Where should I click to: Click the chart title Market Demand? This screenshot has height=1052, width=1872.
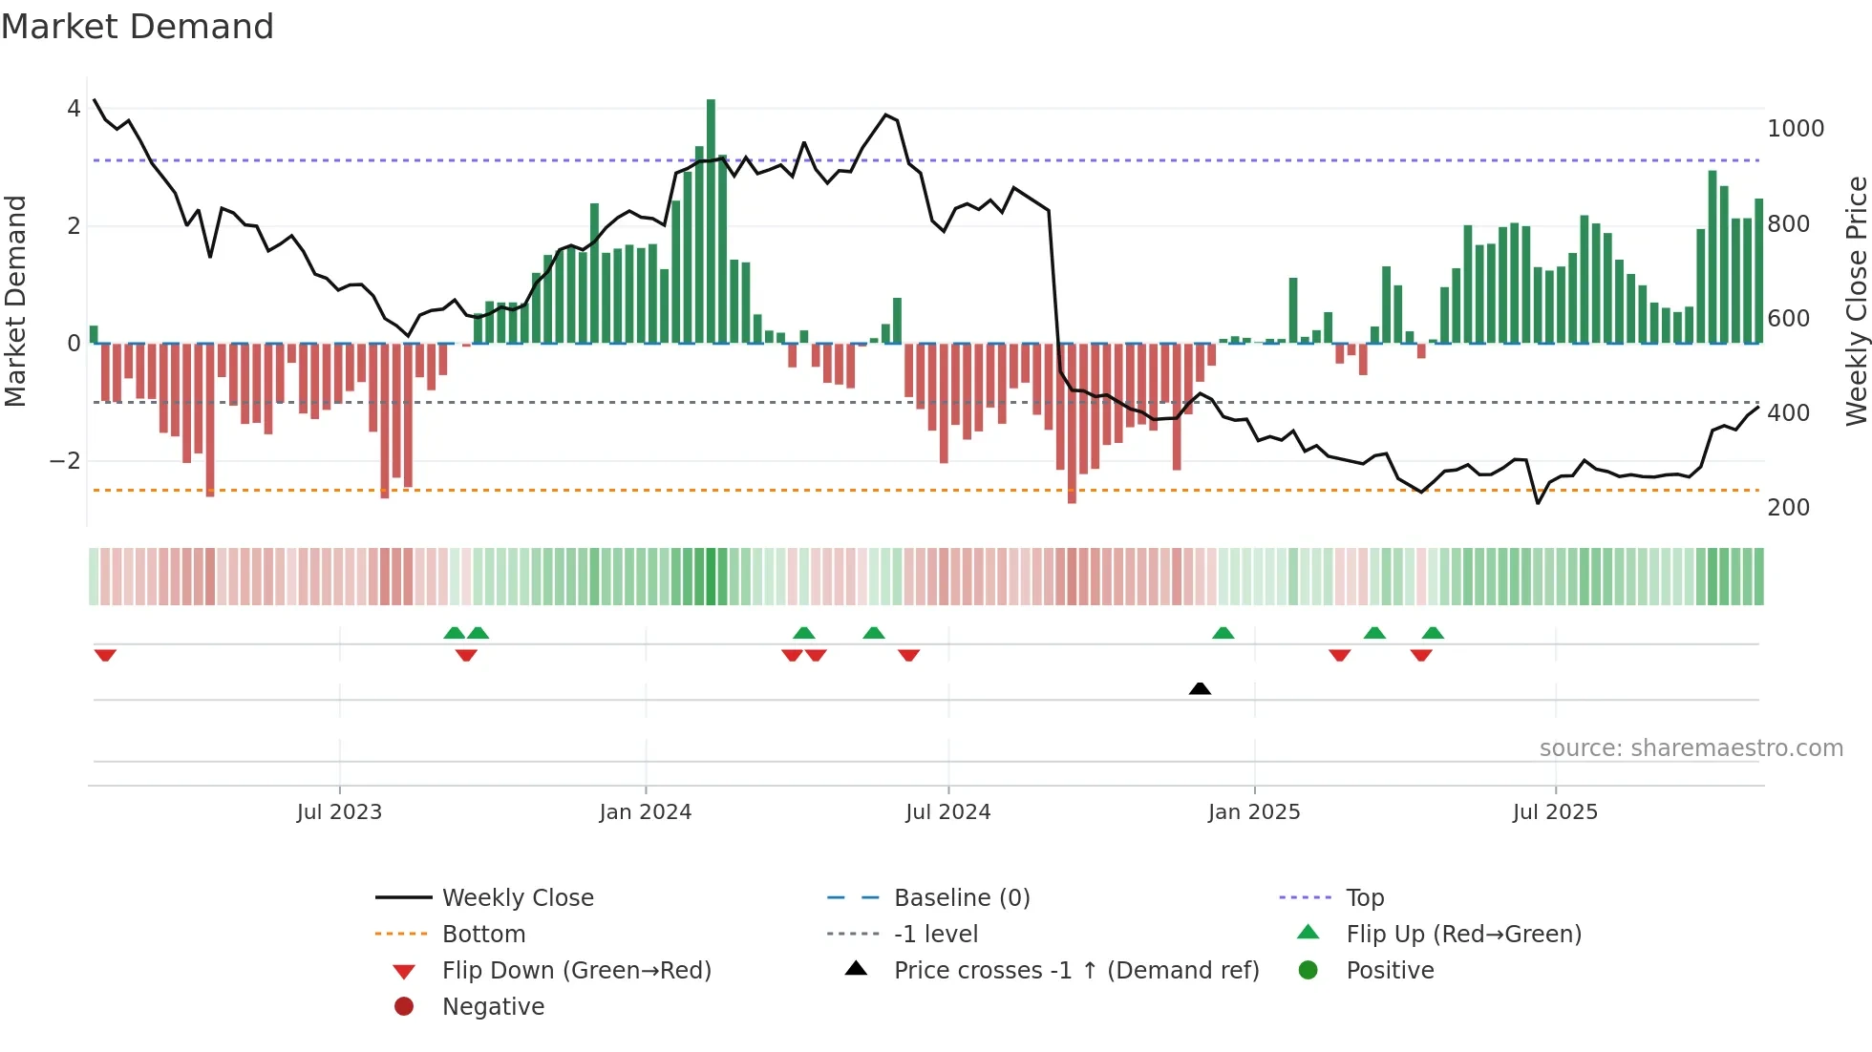138,27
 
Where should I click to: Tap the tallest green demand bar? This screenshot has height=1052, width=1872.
711,220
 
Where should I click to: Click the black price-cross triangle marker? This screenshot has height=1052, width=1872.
1200,688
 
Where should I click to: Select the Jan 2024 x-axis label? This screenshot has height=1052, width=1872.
645,811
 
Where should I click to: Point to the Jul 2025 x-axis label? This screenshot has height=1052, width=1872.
1554,811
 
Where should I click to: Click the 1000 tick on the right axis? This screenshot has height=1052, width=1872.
1795,129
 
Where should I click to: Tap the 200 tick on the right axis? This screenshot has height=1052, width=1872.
1788,508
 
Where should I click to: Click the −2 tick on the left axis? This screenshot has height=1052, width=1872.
65,461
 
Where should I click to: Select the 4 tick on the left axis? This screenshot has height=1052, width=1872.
74,109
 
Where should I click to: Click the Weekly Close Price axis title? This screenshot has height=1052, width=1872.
1856,301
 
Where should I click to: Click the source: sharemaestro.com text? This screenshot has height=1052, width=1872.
1691,748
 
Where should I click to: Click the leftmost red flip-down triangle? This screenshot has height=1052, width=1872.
105,655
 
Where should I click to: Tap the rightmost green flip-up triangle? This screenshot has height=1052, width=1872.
1432,633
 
